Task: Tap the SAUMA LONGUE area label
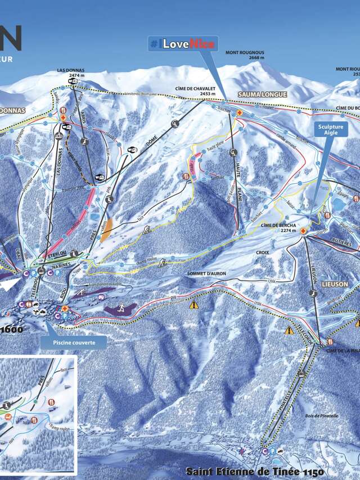coord(262,94)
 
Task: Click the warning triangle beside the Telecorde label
coord(289,330)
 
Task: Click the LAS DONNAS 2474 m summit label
coord(70,74)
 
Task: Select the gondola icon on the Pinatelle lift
coord(302,373)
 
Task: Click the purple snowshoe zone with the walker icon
coord(121,309)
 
